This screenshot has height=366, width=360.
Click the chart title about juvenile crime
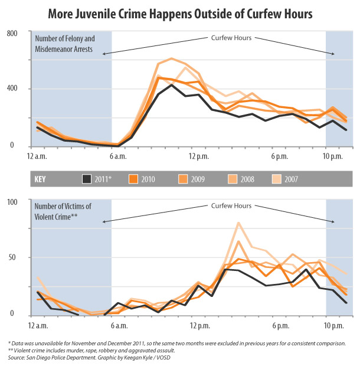(181, 12)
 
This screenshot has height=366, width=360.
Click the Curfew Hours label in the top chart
(231, 38)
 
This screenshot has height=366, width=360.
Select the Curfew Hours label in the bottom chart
(231, 206)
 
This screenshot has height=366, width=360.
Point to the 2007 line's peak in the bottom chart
(238, 223)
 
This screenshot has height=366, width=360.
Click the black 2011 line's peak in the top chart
(171, 84)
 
